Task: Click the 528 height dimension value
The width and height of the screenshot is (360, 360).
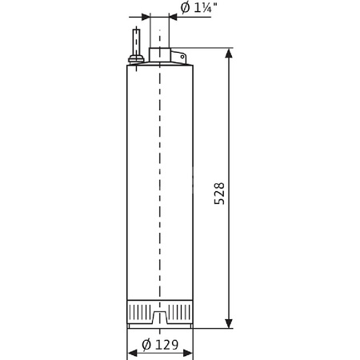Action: [220, 194]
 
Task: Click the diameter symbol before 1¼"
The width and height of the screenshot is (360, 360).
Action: [185, 9]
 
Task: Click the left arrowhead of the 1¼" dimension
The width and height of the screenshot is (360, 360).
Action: [145, 16]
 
